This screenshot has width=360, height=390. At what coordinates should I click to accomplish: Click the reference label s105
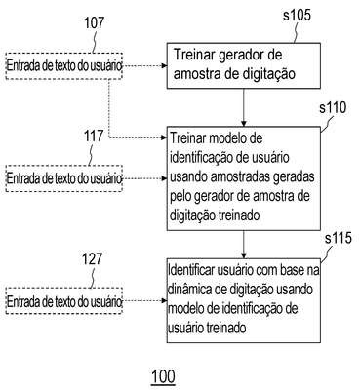pyautogui.click(x=297, y=16)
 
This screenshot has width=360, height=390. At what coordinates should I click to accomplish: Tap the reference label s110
pyautogui.click(x=333, y=108)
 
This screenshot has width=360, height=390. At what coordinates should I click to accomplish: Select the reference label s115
pyautogui.click(x=339, y=238)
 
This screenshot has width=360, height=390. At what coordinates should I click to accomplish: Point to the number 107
pyautogui.click(x=94, y=23)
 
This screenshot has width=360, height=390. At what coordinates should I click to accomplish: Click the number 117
pyautogui.click(x=94, y=136)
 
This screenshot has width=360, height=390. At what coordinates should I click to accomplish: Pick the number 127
pyautogui.click(x=92, y=259)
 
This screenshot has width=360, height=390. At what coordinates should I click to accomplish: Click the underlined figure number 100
pyautogui.click(x=163, y=377)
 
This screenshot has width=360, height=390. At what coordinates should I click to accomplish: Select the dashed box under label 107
pyautogui.click(x=63, y=66)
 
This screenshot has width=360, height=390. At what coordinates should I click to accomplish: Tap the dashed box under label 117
pyautogui.click(x=63, y=178)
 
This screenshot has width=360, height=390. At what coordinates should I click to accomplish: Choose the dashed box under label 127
pyautogui.click(x=63, y=301)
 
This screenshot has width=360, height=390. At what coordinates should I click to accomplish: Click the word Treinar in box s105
pyautogui.click(x=194, y=55)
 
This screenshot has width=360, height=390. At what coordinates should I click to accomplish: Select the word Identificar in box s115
pyautogui.click(x=188, y=270)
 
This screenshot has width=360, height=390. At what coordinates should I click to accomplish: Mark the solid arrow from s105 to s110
pyautogui.click(x=244, y=107)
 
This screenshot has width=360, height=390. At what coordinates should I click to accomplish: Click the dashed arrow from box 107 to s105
pyautogui.click(x=145, y=66)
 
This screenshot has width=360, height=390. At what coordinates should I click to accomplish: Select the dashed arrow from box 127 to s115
pyautogui.click(x=145, y=301)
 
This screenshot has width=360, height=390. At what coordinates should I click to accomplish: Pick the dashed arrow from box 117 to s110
pyautogui.click(x=145, y=178)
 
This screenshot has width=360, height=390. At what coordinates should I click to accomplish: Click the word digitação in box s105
pyautogui.click(x=269, y=74)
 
